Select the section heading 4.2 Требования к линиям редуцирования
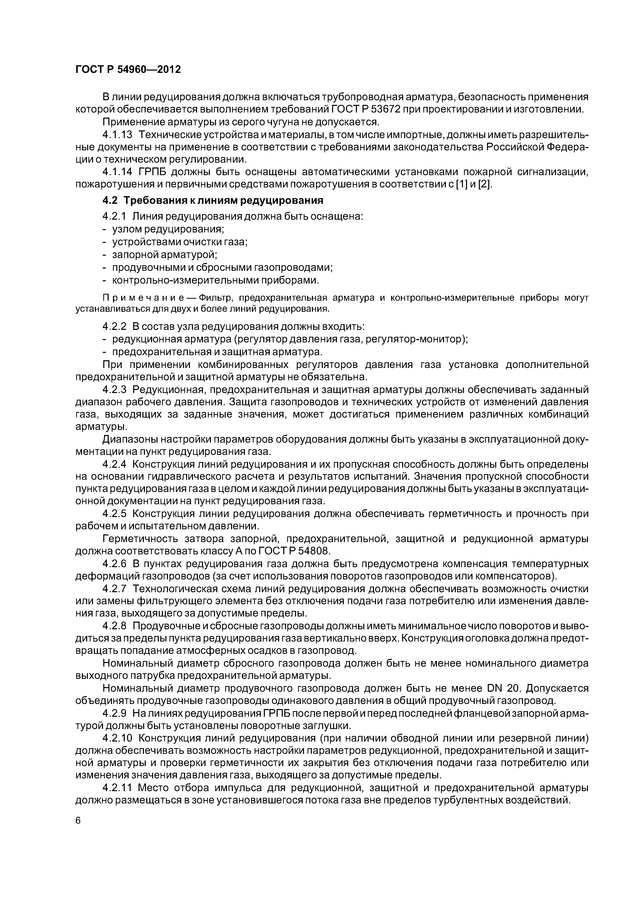pos(213,200)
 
